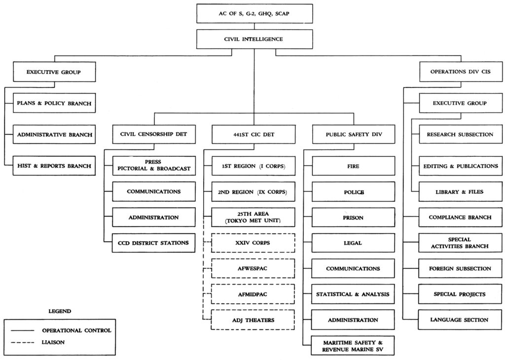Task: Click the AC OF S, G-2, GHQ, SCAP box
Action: [x=254, y=14]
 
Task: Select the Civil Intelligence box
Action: [x=254, y=39]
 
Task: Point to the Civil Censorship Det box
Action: [x=153, y=134]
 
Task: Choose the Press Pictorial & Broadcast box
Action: [x=153, y=165]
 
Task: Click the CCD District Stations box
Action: [x=153, y=243]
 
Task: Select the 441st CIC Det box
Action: [x=253, y=134]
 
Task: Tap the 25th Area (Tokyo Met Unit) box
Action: [x=253, y=217]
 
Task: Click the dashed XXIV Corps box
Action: [x=253, y=243]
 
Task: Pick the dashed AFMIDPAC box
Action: [x=253, y=294]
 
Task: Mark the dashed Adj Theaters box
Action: [x=253, y=320]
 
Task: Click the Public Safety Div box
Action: [x=353, y=134]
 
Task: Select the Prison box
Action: [x=353, y=217]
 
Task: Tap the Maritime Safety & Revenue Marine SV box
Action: [x=353, y=345]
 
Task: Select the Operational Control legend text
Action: [x=76, y=330]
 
